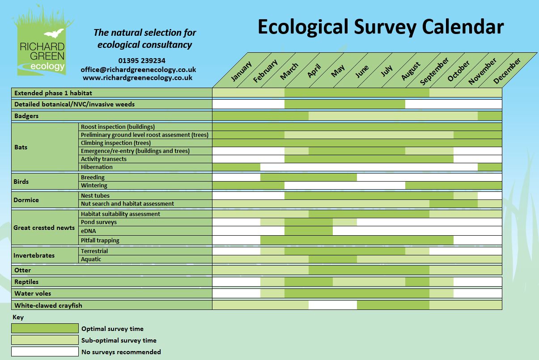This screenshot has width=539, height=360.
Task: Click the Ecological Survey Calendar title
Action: click(380, 27)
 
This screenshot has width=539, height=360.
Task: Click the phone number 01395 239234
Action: click(142, 60)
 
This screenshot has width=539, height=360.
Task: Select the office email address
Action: click(138, 69)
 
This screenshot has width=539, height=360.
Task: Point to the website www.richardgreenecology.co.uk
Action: click(138, 77)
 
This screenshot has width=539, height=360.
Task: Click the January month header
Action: click(241, 71)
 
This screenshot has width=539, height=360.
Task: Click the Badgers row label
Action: click(26, 116)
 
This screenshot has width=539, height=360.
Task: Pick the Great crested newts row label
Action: click(44, 228)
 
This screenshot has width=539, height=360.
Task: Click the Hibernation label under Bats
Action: click(97, 167)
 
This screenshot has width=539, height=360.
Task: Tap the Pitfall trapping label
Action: click(100, 240)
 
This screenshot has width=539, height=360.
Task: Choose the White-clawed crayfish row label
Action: click(48, 305)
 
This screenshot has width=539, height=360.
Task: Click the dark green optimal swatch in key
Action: click(45, 329)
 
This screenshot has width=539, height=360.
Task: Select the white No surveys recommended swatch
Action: click(45, 352)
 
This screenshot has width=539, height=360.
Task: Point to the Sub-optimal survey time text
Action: click(119, 340)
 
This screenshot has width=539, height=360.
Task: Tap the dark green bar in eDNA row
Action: click(308, 231)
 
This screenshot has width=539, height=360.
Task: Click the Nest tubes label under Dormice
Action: click(95, 195)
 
